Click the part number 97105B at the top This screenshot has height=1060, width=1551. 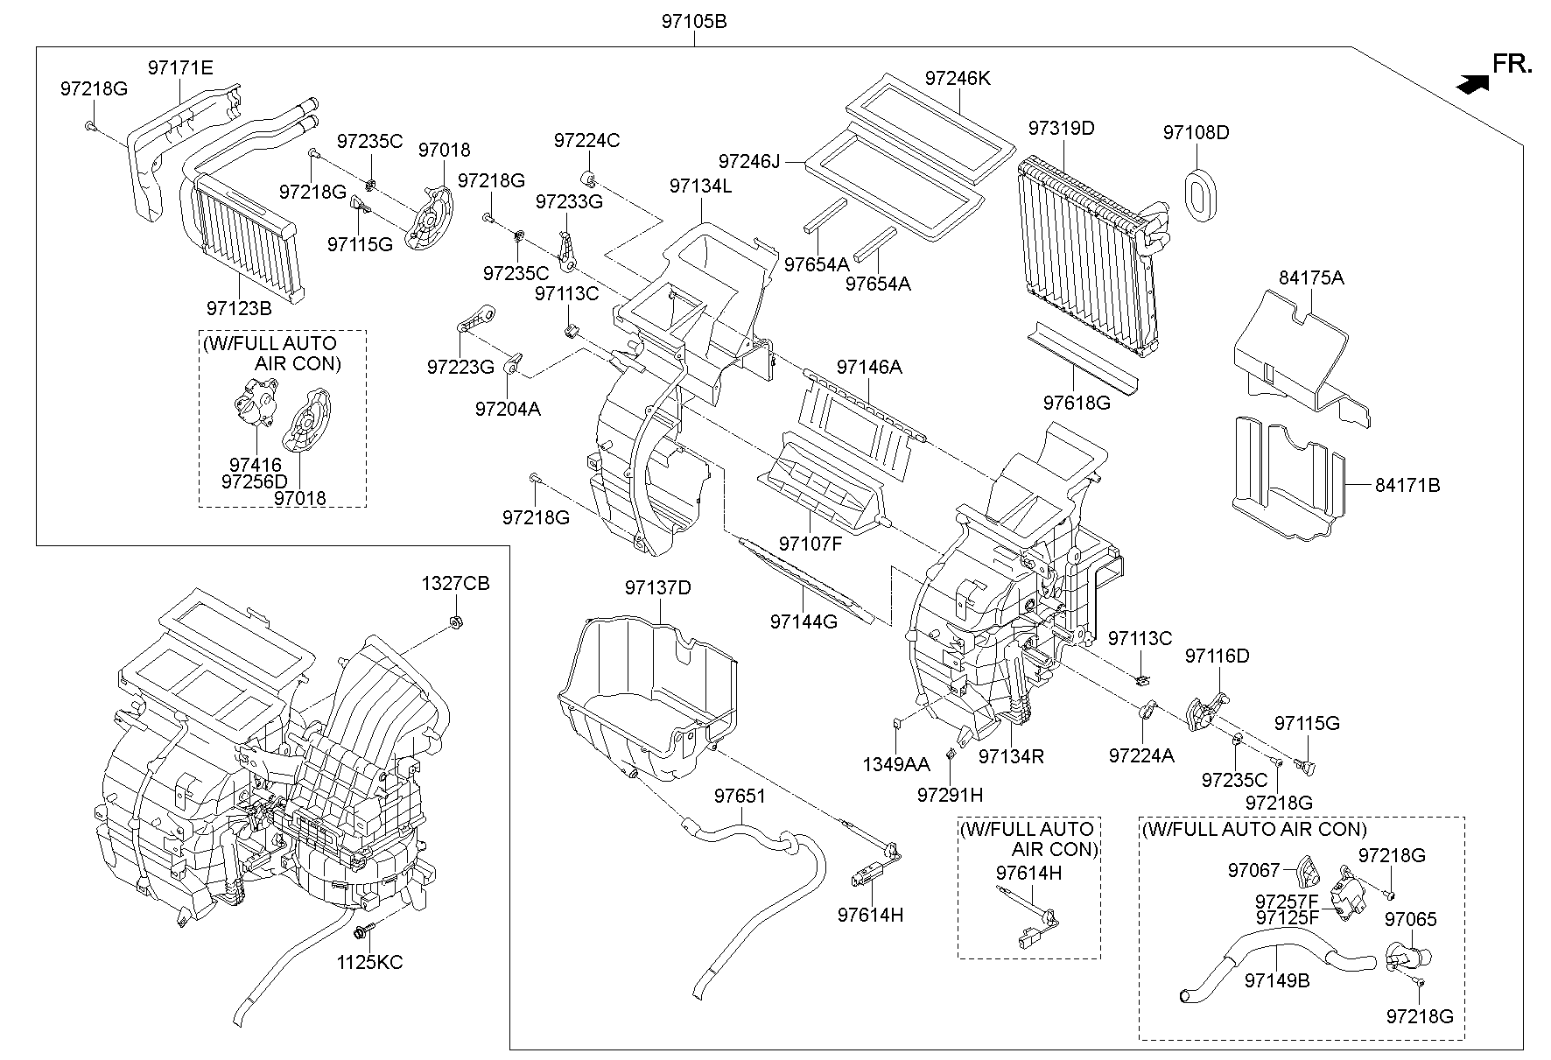coord(694,22)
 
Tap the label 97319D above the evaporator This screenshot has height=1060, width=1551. coord(1061,128)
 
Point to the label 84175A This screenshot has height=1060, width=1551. coord(1310,278)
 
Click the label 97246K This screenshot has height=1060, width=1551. coord(958,78)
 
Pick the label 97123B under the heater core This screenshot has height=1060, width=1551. coord(239,308)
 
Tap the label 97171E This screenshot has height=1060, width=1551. coord(180,67)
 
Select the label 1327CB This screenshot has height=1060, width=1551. coord(455,583)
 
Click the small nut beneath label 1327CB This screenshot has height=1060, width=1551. coord(455,622)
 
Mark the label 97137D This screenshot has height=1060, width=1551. coord(658,587)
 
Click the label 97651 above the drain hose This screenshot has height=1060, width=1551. coord(740,796)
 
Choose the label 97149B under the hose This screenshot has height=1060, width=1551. coord(1277,981)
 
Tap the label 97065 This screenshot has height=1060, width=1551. coord(1410,919)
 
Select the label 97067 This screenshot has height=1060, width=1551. coord(1253,870)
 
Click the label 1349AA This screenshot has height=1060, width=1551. coord(896,764)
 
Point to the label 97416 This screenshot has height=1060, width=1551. coord(256,465)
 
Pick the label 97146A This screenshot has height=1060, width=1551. coord(868,367)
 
